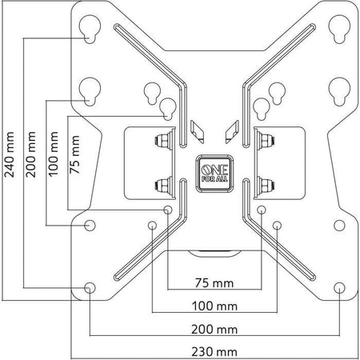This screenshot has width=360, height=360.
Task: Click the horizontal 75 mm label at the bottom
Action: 214,282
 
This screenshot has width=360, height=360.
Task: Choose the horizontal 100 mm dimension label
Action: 214,306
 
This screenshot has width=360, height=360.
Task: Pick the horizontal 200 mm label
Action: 214,329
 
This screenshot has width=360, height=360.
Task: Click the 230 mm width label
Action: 214,351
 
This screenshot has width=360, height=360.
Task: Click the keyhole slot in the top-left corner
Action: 89,33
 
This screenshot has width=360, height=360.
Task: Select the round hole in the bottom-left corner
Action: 89,286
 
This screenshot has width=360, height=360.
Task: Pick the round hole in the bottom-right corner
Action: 338,286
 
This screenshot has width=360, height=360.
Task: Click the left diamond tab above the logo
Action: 198,128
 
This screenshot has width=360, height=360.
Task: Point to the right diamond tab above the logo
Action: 232,128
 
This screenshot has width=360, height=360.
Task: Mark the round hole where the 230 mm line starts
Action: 89,225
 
